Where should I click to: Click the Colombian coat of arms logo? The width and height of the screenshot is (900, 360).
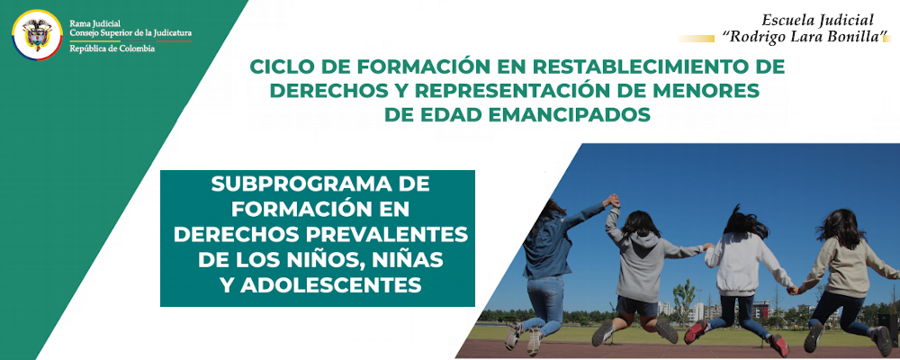pyautogui.click(x=37, y=35)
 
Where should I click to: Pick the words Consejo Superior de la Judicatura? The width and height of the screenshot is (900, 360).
pyautogui.click(x=130, y=33)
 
